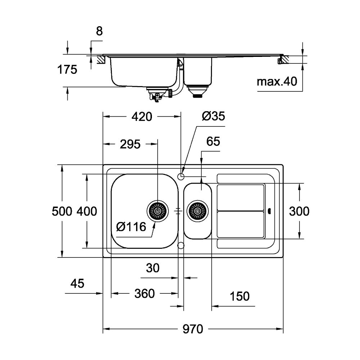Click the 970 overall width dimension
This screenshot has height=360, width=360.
click(192, 329)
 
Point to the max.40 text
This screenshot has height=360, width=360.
click(276, 82)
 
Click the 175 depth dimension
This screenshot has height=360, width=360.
click(67, 69)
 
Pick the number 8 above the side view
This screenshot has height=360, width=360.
click(99, 31)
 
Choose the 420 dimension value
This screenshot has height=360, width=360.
click(141, 116)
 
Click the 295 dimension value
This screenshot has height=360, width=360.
click(130, 144)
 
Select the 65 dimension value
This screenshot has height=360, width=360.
click(213, 141)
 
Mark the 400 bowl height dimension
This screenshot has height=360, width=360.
click(87, 211)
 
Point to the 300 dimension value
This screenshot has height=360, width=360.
click(299, 211)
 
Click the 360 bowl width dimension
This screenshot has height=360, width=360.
click(144, 294)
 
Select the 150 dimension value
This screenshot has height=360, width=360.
click(239, 296)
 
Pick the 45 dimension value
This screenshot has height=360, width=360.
click(77, 283)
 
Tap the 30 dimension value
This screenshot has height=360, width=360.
click(153, 267)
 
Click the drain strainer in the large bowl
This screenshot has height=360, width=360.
click(157, 210)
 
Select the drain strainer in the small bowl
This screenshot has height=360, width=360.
click(197, 211)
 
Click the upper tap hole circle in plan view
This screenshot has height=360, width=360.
click(181, 176)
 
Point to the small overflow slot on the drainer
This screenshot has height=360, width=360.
click(270, 211)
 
